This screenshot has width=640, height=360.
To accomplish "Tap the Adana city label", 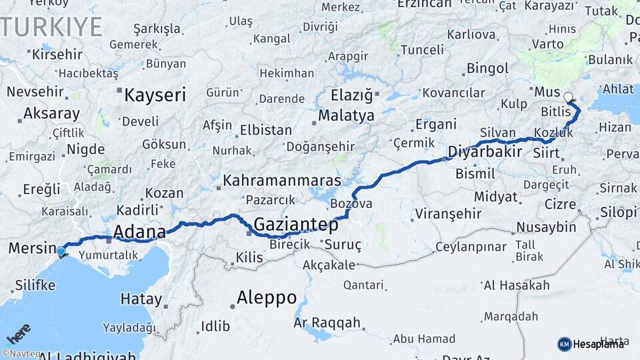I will tap(139, 232).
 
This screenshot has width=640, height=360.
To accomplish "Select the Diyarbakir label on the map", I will tap(485, 151).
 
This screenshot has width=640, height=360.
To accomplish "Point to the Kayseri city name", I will tap(155, 95).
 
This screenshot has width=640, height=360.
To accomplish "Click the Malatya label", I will tap(346, 116).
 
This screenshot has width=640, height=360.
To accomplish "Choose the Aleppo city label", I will tap(267, 297).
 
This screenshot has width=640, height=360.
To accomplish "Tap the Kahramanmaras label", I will tap(282, 181).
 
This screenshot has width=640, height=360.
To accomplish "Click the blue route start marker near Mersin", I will tap(61, 251).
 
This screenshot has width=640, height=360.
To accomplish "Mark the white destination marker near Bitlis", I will tap(568, 97).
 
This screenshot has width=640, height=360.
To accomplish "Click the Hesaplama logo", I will tap(591, 344).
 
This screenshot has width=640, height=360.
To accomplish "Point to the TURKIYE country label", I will tap(51, 27).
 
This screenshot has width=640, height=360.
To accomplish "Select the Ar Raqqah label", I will tap(327, 323).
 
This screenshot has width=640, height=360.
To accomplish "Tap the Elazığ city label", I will tap(352, 95).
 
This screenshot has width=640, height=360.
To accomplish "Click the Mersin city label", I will tap(31, 249).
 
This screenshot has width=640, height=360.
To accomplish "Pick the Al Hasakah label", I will tap(517, 285).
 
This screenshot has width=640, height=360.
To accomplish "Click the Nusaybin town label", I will tap(546, 227).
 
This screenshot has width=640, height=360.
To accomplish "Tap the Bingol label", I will tap(487, 68).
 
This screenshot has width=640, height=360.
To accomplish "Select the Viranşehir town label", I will tap(448, 214).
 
